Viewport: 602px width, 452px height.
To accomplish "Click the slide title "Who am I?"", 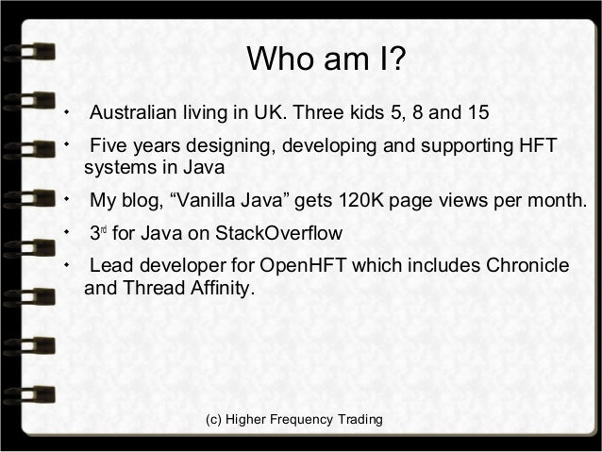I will pos(326,61).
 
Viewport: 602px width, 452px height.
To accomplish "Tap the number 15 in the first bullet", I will pos(477,116).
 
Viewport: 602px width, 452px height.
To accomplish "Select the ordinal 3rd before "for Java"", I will pos(96,232).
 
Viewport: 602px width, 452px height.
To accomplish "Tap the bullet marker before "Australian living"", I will pos(66,114).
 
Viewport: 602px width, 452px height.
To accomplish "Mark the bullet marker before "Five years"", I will pos(66,146).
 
